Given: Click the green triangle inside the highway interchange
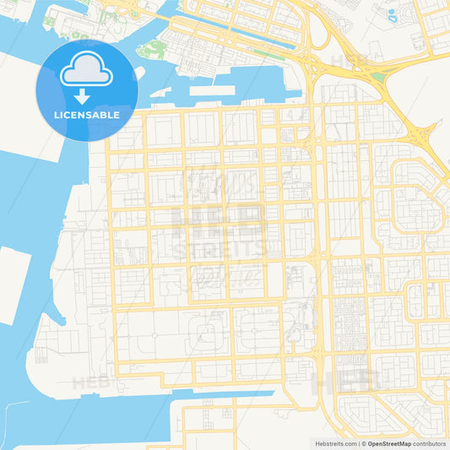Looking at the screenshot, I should click(378, 78).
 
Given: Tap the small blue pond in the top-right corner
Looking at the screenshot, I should click(391, 14).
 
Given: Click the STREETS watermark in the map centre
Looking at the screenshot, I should click(218, 250).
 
